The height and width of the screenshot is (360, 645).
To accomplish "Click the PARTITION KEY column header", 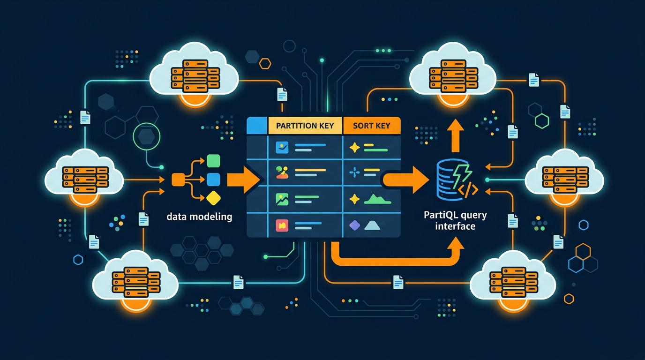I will point(305,126).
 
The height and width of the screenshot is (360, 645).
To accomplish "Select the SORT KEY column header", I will point(371,126).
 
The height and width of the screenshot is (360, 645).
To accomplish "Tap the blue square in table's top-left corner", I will point(256,126).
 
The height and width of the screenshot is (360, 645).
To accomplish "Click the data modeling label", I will point(199,217).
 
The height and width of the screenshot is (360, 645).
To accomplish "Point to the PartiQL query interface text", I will point(455,221).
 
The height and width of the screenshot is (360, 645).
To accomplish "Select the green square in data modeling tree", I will point(213,161).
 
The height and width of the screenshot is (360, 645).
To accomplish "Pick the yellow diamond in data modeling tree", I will point(213,198).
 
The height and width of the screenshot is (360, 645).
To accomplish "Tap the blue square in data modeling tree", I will point(213,179).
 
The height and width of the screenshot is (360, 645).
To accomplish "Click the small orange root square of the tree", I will point(178,179).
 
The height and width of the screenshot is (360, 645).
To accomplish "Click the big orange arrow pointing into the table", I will point(243,180).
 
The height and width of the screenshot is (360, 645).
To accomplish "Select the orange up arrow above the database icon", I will point(454,135).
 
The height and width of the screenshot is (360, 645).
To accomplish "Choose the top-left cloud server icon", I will point(195,75).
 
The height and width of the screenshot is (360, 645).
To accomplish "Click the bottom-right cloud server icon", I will point(512,280).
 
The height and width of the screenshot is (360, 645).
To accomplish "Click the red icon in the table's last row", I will point(282,225).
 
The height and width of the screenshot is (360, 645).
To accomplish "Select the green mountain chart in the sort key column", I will point(377,199).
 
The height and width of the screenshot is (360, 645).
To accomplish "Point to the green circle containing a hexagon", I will point(147,136).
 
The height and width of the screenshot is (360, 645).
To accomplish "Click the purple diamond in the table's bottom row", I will point(355,225).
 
